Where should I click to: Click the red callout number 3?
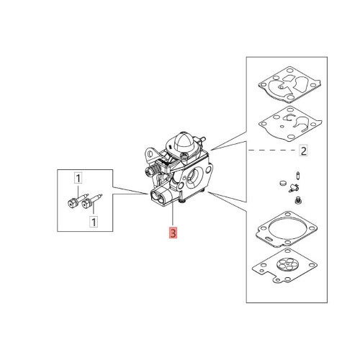[x=173, y=233]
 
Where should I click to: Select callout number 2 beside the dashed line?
[x=304, y=151]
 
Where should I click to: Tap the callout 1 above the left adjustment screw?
[x=78, y=179]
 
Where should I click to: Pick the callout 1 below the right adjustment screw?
[x=94, y=222]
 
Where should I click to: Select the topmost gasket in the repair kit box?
[x=289, y=84]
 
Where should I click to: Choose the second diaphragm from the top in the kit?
[x=290, y=124]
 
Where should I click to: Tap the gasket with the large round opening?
[x=287, y=230]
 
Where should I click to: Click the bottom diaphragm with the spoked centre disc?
[x=284, y=265]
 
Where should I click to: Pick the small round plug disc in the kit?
[x=283, y=183]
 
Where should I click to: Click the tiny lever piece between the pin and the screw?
[x=293, y=188]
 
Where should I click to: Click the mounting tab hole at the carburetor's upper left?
[x=150, y=153]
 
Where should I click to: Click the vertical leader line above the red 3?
[x=173, y=213]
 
